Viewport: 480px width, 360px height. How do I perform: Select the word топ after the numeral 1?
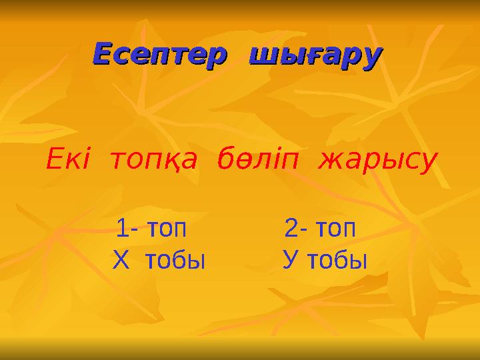tap(163, 230)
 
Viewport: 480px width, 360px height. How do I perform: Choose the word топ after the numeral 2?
tap(334, 230)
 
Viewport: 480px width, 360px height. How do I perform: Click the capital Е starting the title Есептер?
tap(101, 54)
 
